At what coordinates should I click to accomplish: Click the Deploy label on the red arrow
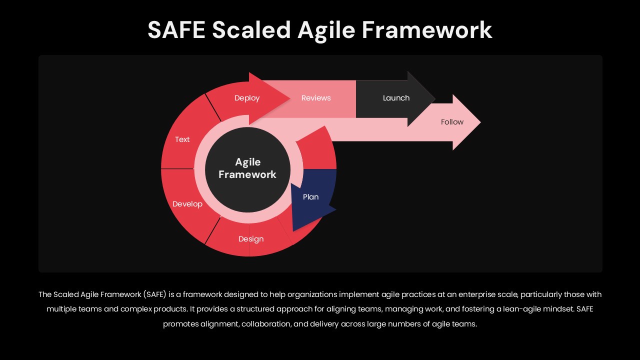click(x=247, y=98)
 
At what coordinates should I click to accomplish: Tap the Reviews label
click(x=316, y=98)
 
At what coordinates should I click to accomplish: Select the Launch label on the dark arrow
click(x=396, y=98)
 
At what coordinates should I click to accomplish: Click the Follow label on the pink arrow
click(x=452, y=122)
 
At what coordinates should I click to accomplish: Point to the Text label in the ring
click(x=182, y=139)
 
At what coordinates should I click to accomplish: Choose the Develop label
click(x=187, y=204)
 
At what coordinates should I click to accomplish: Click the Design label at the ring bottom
click(x=251, y=239)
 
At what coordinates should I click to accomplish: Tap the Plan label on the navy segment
click(x=310, y=197)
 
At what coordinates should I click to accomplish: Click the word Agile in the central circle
click(x=247, y=162)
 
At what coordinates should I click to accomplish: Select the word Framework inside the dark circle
click(x=247, y=174)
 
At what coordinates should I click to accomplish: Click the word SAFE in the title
click(x=176, y=29)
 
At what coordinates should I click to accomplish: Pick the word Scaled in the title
click(x=251, y=29)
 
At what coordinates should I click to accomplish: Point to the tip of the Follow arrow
click(x=480, y=122)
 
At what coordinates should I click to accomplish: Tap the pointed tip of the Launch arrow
click(x=435, y=98)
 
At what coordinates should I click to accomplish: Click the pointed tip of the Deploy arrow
click(x=290, y=98)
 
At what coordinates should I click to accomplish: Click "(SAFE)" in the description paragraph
click(x=155, y=294)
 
